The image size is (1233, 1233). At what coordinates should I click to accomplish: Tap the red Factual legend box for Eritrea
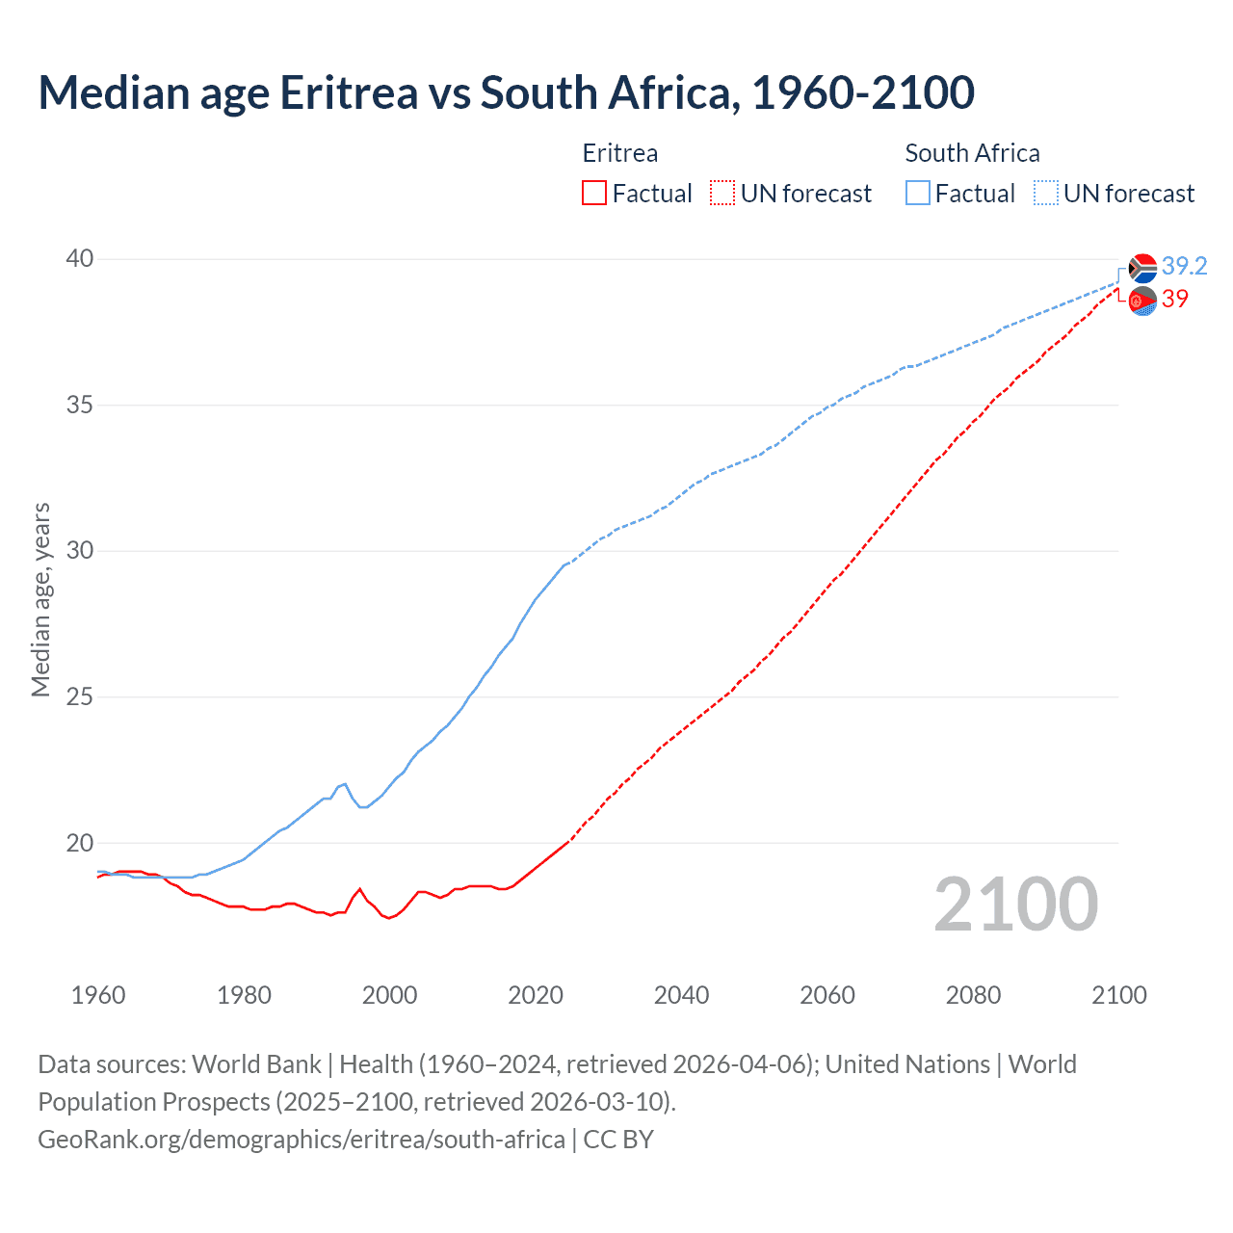pos(594,194)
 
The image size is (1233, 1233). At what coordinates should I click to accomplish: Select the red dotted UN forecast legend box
pos(722,194)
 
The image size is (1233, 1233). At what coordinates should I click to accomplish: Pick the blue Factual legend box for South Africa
pos(918,194)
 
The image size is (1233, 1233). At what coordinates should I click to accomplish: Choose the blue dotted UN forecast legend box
pos(1046,194)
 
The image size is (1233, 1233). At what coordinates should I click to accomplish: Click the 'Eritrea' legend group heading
pos(620,153)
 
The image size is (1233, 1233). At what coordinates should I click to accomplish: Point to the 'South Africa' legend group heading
pos(972,153)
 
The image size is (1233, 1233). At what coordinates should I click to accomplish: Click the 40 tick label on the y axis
pos(80,258)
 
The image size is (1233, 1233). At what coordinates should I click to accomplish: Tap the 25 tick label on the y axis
pos(80,696)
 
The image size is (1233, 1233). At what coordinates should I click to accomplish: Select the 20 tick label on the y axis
pos(80,843)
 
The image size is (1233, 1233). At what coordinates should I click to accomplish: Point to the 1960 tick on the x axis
pos(98,995)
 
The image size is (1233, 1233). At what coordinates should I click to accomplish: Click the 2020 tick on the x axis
pos(536,995)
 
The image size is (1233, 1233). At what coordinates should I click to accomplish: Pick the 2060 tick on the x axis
pos(827,995)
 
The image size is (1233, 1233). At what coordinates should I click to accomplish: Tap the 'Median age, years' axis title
pos(40,599)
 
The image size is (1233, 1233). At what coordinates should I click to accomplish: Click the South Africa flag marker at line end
pos(1142,268)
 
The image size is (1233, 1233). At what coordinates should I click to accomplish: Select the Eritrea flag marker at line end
pos(1142,301)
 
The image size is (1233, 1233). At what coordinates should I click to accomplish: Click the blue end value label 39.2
pos(1185,266)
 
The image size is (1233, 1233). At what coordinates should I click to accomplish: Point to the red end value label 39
pos(1175,299)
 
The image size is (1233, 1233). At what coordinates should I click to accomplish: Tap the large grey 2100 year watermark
pos(1016,904)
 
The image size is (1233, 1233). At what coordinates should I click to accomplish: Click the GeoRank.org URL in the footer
pos(302,1139)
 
